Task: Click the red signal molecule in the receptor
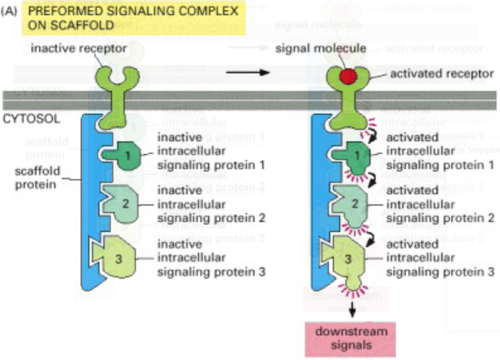click(347, 76)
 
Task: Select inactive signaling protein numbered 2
click(120, 201)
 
